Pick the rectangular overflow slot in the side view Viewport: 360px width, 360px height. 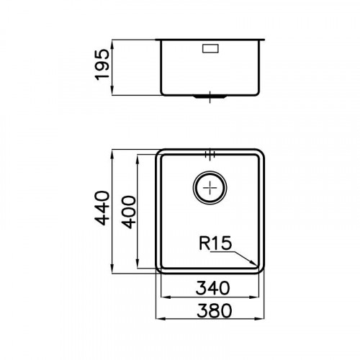[x=210, y=50]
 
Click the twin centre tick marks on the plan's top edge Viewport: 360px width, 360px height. [x=210, y=153]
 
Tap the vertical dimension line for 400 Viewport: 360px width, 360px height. [x=140, y=210]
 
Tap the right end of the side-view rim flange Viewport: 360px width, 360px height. [x=265, y=40]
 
